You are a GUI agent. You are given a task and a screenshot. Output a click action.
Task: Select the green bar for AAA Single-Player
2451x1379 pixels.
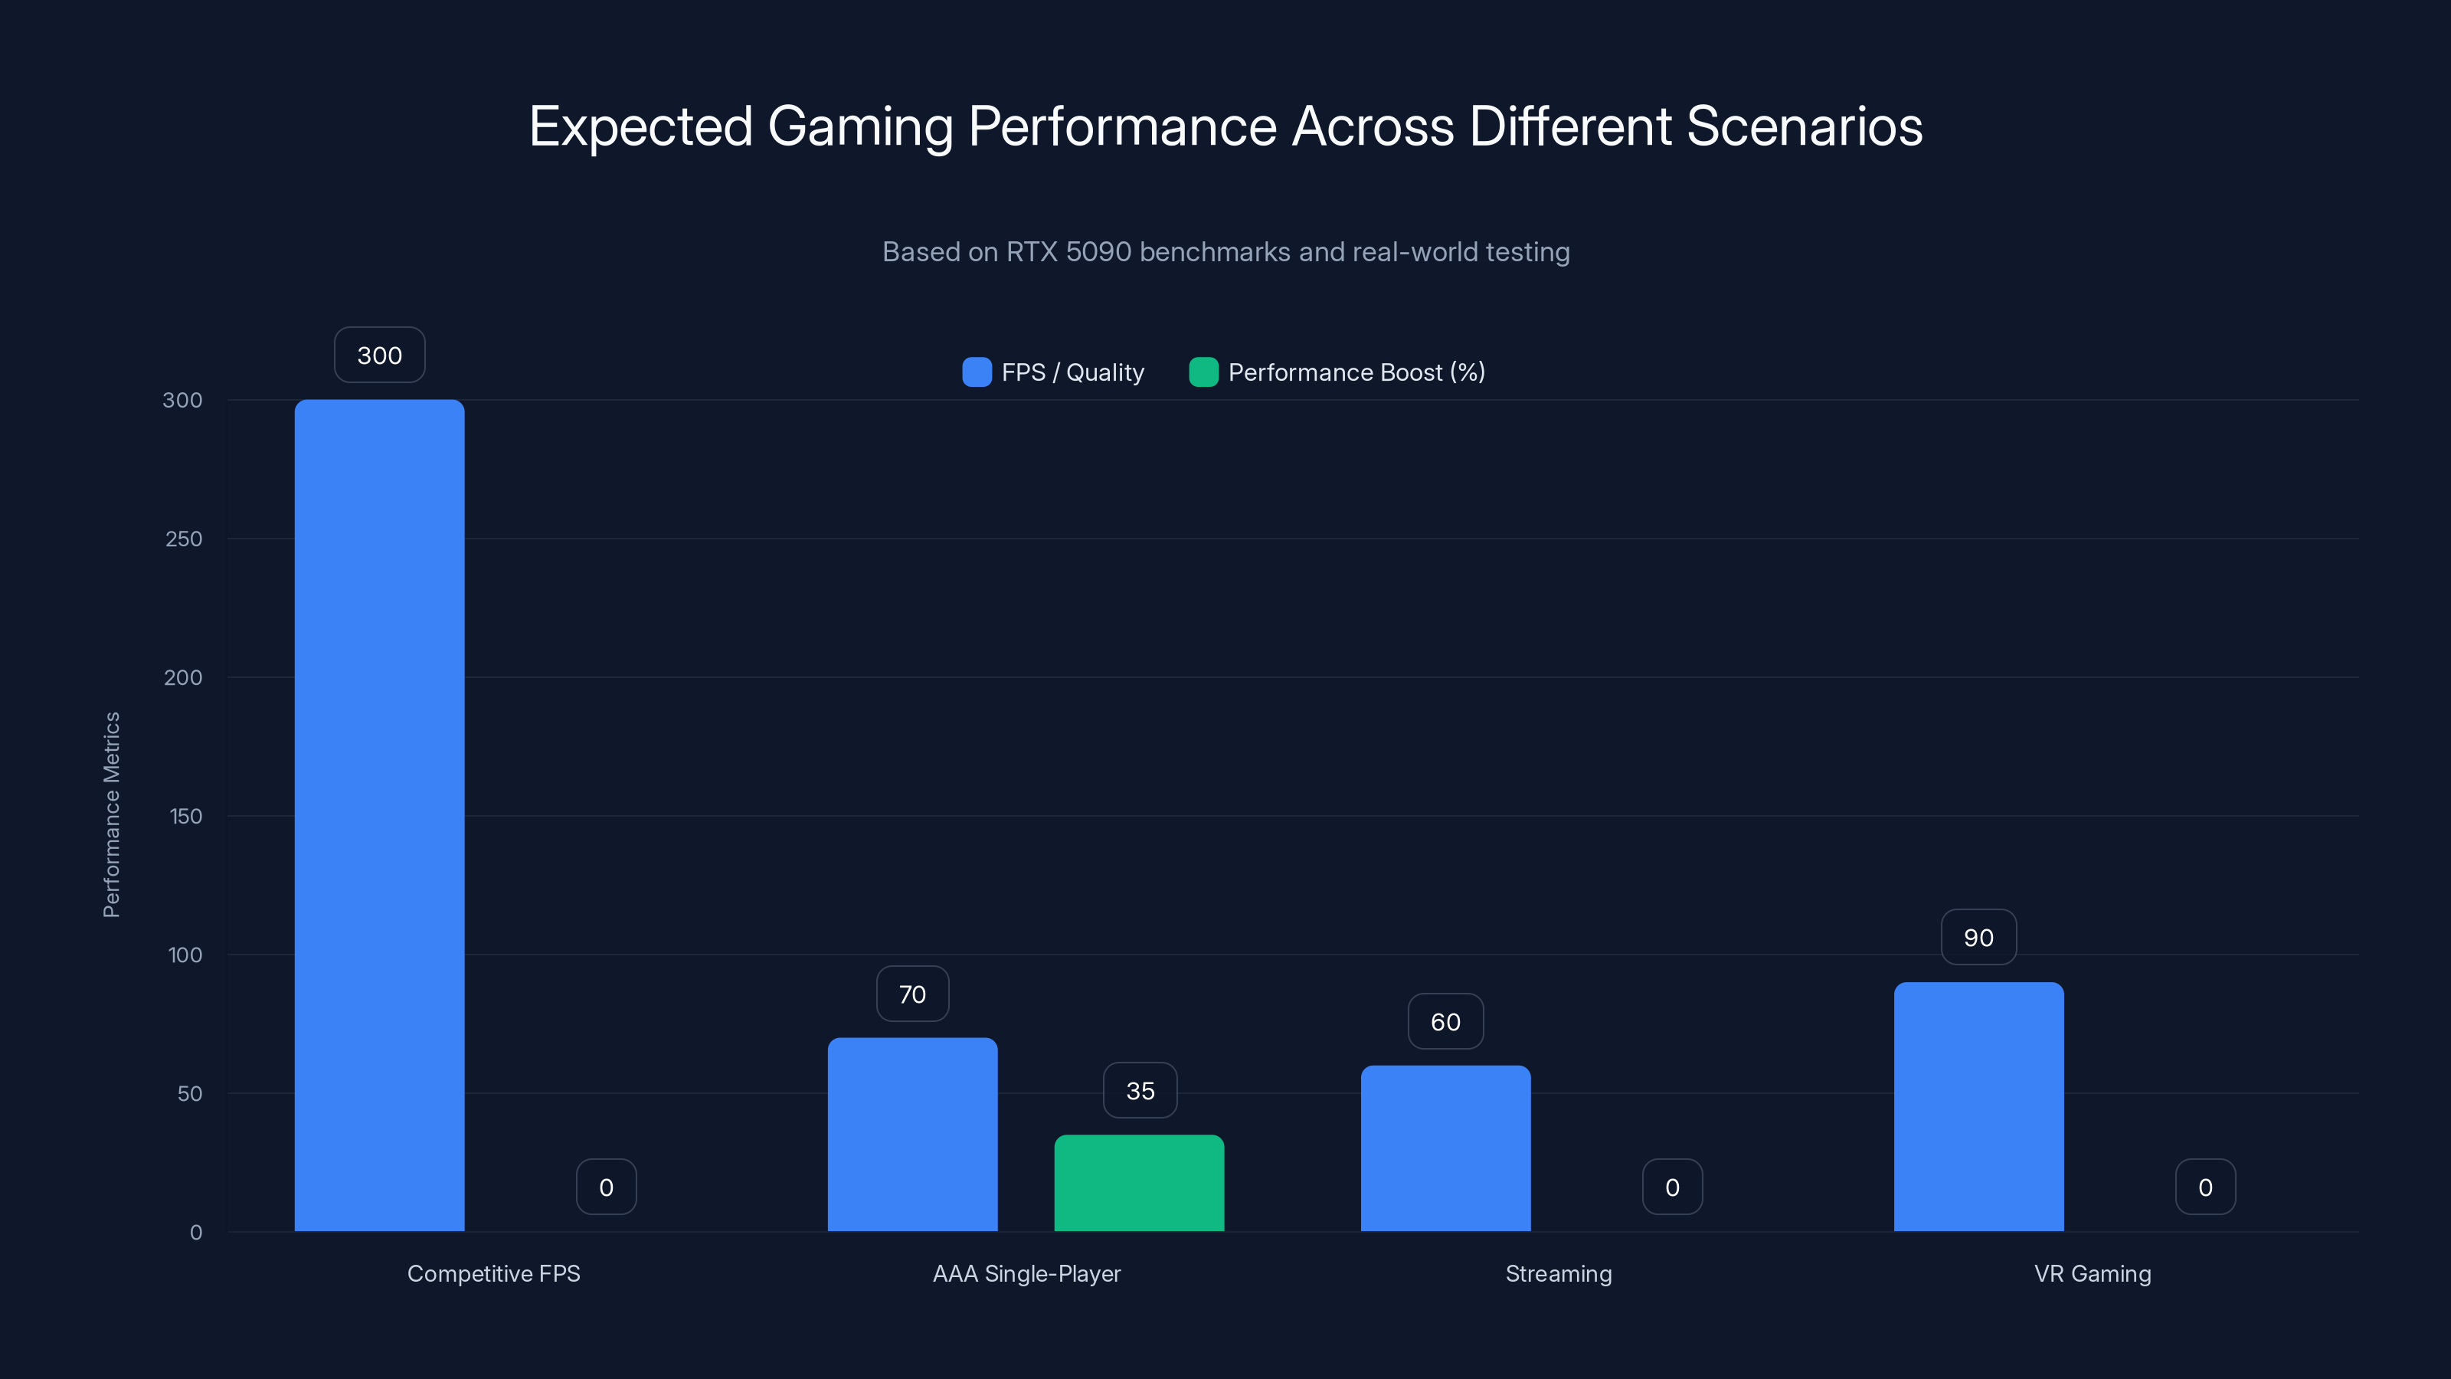1139,1183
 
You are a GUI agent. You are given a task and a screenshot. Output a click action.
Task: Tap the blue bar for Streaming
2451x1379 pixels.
1445,1148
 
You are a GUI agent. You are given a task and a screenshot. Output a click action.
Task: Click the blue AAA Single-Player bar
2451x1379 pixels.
911,1135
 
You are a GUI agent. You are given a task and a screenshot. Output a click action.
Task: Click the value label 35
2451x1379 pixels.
1140,1091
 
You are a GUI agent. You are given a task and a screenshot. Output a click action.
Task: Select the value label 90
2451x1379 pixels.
1978,938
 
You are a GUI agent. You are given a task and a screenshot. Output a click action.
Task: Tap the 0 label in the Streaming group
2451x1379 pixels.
1672,1187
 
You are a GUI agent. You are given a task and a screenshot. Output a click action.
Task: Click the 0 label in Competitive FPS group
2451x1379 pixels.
606,1187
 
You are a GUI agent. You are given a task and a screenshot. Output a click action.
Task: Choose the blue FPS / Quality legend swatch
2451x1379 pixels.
977,372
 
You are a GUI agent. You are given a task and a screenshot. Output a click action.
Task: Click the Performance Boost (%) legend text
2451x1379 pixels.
1356,372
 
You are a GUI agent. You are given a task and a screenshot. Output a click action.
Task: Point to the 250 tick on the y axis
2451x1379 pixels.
184,539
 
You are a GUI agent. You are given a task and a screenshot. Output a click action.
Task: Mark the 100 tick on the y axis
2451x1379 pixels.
185,955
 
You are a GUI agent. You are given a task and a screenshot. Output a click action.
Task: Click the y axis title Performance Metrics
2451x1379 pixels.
111,814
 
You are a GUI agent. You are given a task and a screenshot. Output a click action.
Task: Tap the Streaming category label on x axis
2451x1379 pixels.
1559,1273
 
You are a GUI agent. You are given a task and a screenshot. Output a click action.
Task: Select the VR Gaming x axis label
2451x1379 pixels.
2093,1273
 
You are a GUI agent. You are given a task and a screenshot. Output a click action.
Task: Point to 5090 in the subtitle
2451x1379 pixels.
1098,252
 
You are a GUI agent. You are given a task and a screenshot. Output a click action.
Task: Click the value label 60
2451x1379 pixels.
1445,1022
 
